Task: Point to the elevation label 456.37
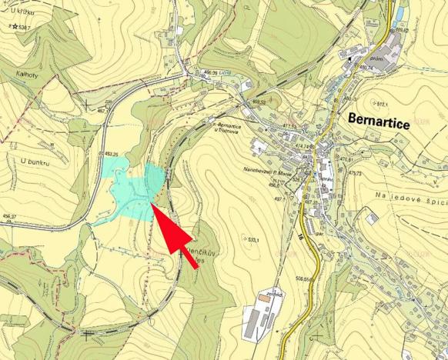click(x=9, y=216)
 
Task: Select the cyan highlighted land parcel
click(x=131, y=192)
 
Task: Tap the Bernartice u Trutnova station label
click(x=234, y=126)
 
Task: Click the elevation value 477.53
click(x=289, y=125)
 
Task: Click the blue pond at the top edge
click(x=395, y=9)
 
